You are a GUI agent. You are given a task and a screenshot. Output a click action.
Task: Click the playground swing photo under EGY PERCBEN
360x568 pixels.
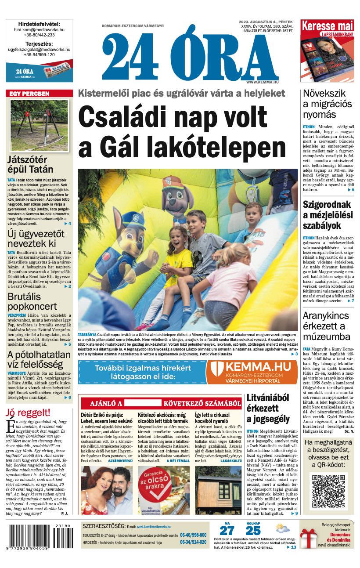click(x=39, y=125)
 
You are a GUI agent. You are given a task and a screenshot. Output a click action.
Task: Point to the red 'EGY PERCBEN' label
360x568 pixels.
click(x=39, y=94)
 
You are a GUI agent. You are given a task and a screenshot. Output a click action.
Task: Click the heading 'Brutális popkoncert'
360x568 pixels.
click(x=32, y=302)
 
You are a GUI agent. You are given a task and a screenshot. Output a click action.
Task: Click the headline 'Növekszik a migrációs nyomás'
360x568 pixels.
click(x=328, y=104)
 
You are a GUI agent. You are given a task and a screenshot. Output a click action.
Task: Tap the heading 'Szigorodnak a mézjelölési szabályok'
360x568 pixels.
click(x=328, y=215)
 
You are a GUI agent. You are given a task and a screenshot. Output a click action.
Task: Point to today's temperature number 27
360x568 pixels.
click(x=227, y=531)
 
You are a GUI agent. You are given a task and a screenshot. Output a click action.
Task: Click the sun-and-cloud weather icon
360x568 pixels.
click(x=282, y=528)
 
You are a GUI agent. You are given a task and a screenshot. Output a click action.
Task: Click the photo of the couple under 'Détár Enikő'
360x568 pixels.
click(x=107, y=490)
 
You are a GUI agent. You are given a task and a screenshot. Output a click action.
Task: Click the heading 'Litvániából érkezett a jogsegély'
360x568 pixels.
click(x=268, y=408)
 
